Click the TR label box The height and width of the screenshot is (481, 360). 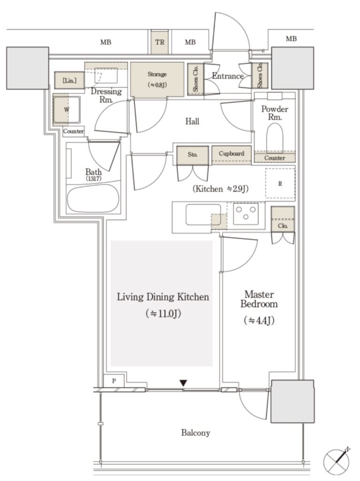(160, 42)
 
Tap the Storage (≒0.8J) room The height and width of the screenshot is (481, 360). (157, 79)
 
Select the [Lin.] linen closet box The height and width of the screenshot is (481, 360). (69, 80)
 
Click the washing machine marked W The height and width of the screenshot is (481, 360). (67, 109)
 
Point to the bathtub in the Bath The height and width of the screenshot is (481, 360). (93, 198)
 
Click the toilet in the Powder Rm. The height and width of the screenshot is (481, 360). (275, 138)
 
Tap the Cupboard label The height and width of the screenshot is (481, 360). (231, 154)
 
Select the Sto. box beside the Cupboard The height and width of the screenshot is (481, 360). (192, 155)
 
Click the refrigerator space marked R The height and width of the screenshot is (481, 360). (280, 184)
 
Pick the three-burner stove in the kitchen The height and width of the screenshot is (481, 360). (245, 213)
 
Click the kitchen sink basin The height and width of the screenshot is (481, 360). (203, 215)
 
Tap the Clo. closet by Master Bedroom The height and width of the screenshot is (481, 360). (283, 220)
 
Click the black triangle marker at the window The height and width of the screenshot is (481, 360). (183, 383)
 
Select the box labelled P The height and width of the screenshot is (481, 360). (114, 380)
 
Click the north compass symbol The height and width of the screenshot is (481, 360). (337, 461)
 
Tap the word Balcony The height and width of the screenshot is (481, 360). (196, 433)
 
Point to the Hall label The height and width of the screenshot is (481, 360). (192, 122)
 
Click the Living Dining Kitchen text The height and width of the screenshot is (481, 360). (163, 297)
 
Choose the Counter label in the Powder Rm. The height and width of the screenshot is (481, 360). (275, 158)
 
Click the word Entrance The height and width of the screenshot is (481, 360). (228, 76)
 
